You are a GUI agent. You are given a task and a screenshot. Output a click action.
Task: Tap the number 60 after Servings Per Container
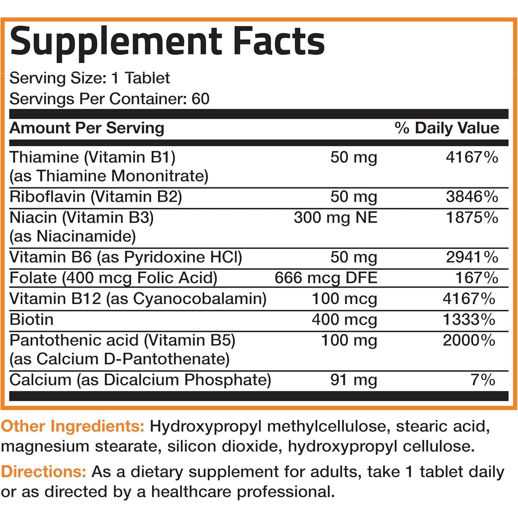point(200,99)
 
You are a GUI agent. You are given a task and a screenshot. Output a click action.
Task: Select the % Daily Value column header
point(447,128)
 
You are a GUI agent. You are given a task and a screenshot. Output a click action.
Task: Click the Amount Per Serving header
point(87,128)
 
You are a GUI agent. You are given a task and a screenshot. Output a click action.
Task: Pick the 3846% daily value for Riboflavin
point(472,197)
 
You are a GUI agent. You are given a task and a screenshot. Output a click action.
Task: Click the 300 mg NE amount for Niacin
point(335,218)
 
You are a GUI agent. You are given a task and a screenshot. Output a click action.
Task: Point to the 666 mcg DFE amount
point(326,278)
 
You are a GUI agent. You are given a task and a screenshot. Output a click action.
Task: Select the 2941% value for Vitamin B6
point(472,257)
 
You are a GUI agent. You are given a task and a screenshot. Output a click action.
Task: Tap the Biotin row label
point(31,319)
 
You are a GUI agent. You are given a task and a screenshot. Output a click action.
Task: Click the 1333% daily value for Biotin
point(469,319)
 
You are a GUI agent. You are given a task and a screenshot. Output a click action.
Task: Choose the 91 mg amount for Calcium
point(353,380)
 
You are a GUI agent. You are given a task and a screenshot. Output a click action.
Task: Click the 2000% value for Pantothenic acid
point(469,340)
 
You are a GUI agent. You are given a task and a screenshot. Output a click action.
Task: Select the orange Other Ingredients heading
point(73,426)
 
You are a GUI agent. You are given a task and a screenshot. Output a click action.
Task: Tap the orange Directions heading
point(44,472)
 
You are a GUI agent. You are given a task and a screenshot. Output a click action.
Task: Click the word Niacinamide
point(86,237)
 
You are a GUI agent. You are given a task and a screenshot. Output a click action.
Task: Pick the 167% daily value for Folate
point(477,278)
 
